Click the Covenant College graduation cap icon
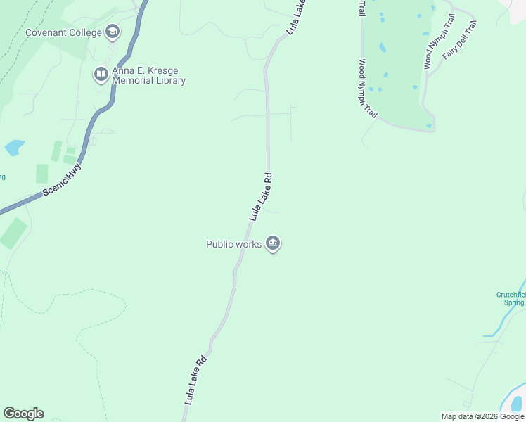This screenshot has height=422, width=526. pyautogui.click(x=113, y=32)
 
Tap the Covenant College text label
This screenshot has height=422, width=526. pyautogui.click(x=63, y=32)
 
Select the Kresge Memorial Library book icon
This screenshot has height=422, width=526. pyautogui.click(x=101, y=73)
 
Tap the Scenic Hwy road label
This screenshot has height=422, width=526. pyautogui.click(x=62, y=179)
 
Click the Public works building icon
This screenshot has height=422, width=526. pyautogui.click(x=273, y=244)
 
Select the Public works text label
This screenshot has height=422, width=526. pyautogui.click(x=233, y=244)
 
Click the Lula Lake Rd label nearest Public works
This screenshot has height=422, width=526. pyautogui.click(x=261, y=196)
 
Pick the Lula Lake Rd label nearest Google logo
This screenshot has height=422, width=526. pyautogui.click(x=195, y=379)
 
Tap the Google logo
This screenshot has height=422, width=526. pyautogui.click(x=23, y=414)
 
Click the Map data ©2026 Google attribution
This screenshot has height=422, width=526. pyautogui.click(x=482, y=416)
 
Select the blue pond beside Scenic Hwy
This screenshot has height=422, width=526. pyautogui.click(x=14, y=148)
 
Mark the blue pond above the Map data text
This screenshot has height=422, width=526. pyautogui.click(x=517, y=403)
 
